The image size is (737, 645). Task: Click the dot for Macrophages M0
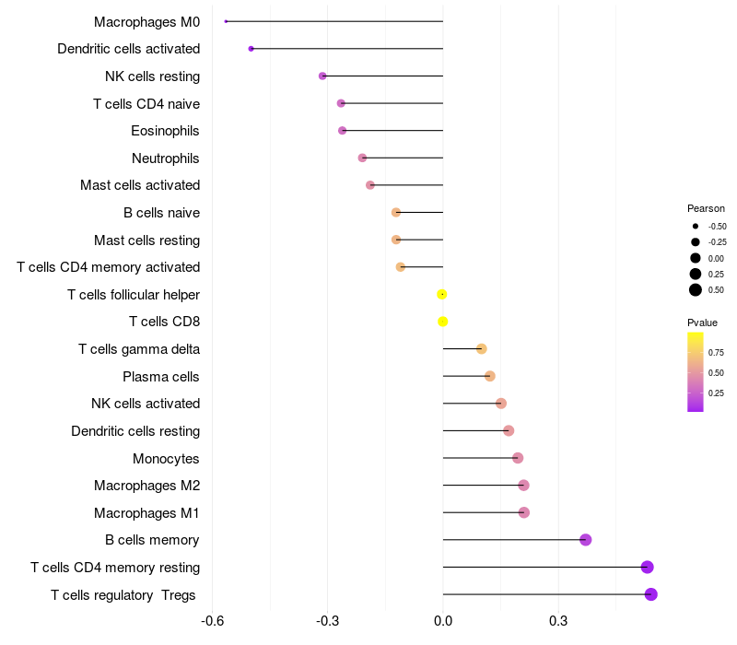coord(226,21)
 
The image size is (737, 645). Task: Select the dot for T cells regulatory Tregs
coord(650,594)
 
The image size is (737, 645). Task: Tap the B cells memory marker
coord(585,540)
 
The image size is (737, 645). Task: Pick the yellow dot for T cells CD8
coord(442,322)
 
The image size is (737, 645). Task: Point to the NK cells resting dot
coord(322,76)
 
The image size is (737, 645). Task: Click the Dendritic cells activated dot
coord(251,49)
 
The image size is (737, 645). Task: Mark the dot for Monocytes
coord(518,458)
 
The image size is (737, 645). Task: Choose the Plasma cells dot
coord(489,376)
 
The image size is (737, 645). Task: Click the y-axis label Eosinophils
coord(165,131)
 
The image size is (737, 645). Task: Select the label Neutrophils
coord(165,158)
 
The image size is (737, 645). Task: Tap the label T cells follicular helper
coord(134,295)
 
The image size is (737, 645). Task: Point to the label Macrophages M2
coord(146,486)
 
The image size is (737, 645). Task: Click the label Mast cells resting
coord(146,240)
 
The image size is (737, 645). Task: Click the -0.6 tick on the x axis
coord(212,621)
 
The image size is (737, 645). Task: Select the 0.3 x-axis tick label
coord(557,621)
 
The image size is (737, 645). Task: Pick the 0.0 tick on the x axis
coord(443,621)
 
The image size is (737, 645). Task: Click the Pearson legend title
coord(706,208)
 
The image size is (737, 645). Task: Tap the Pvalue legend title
coord(702,322)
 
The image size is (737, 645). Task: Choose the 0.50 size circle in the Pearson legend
coord(696,290)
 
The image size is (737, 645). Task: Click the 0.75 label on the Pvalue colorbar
coord(716,352)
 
